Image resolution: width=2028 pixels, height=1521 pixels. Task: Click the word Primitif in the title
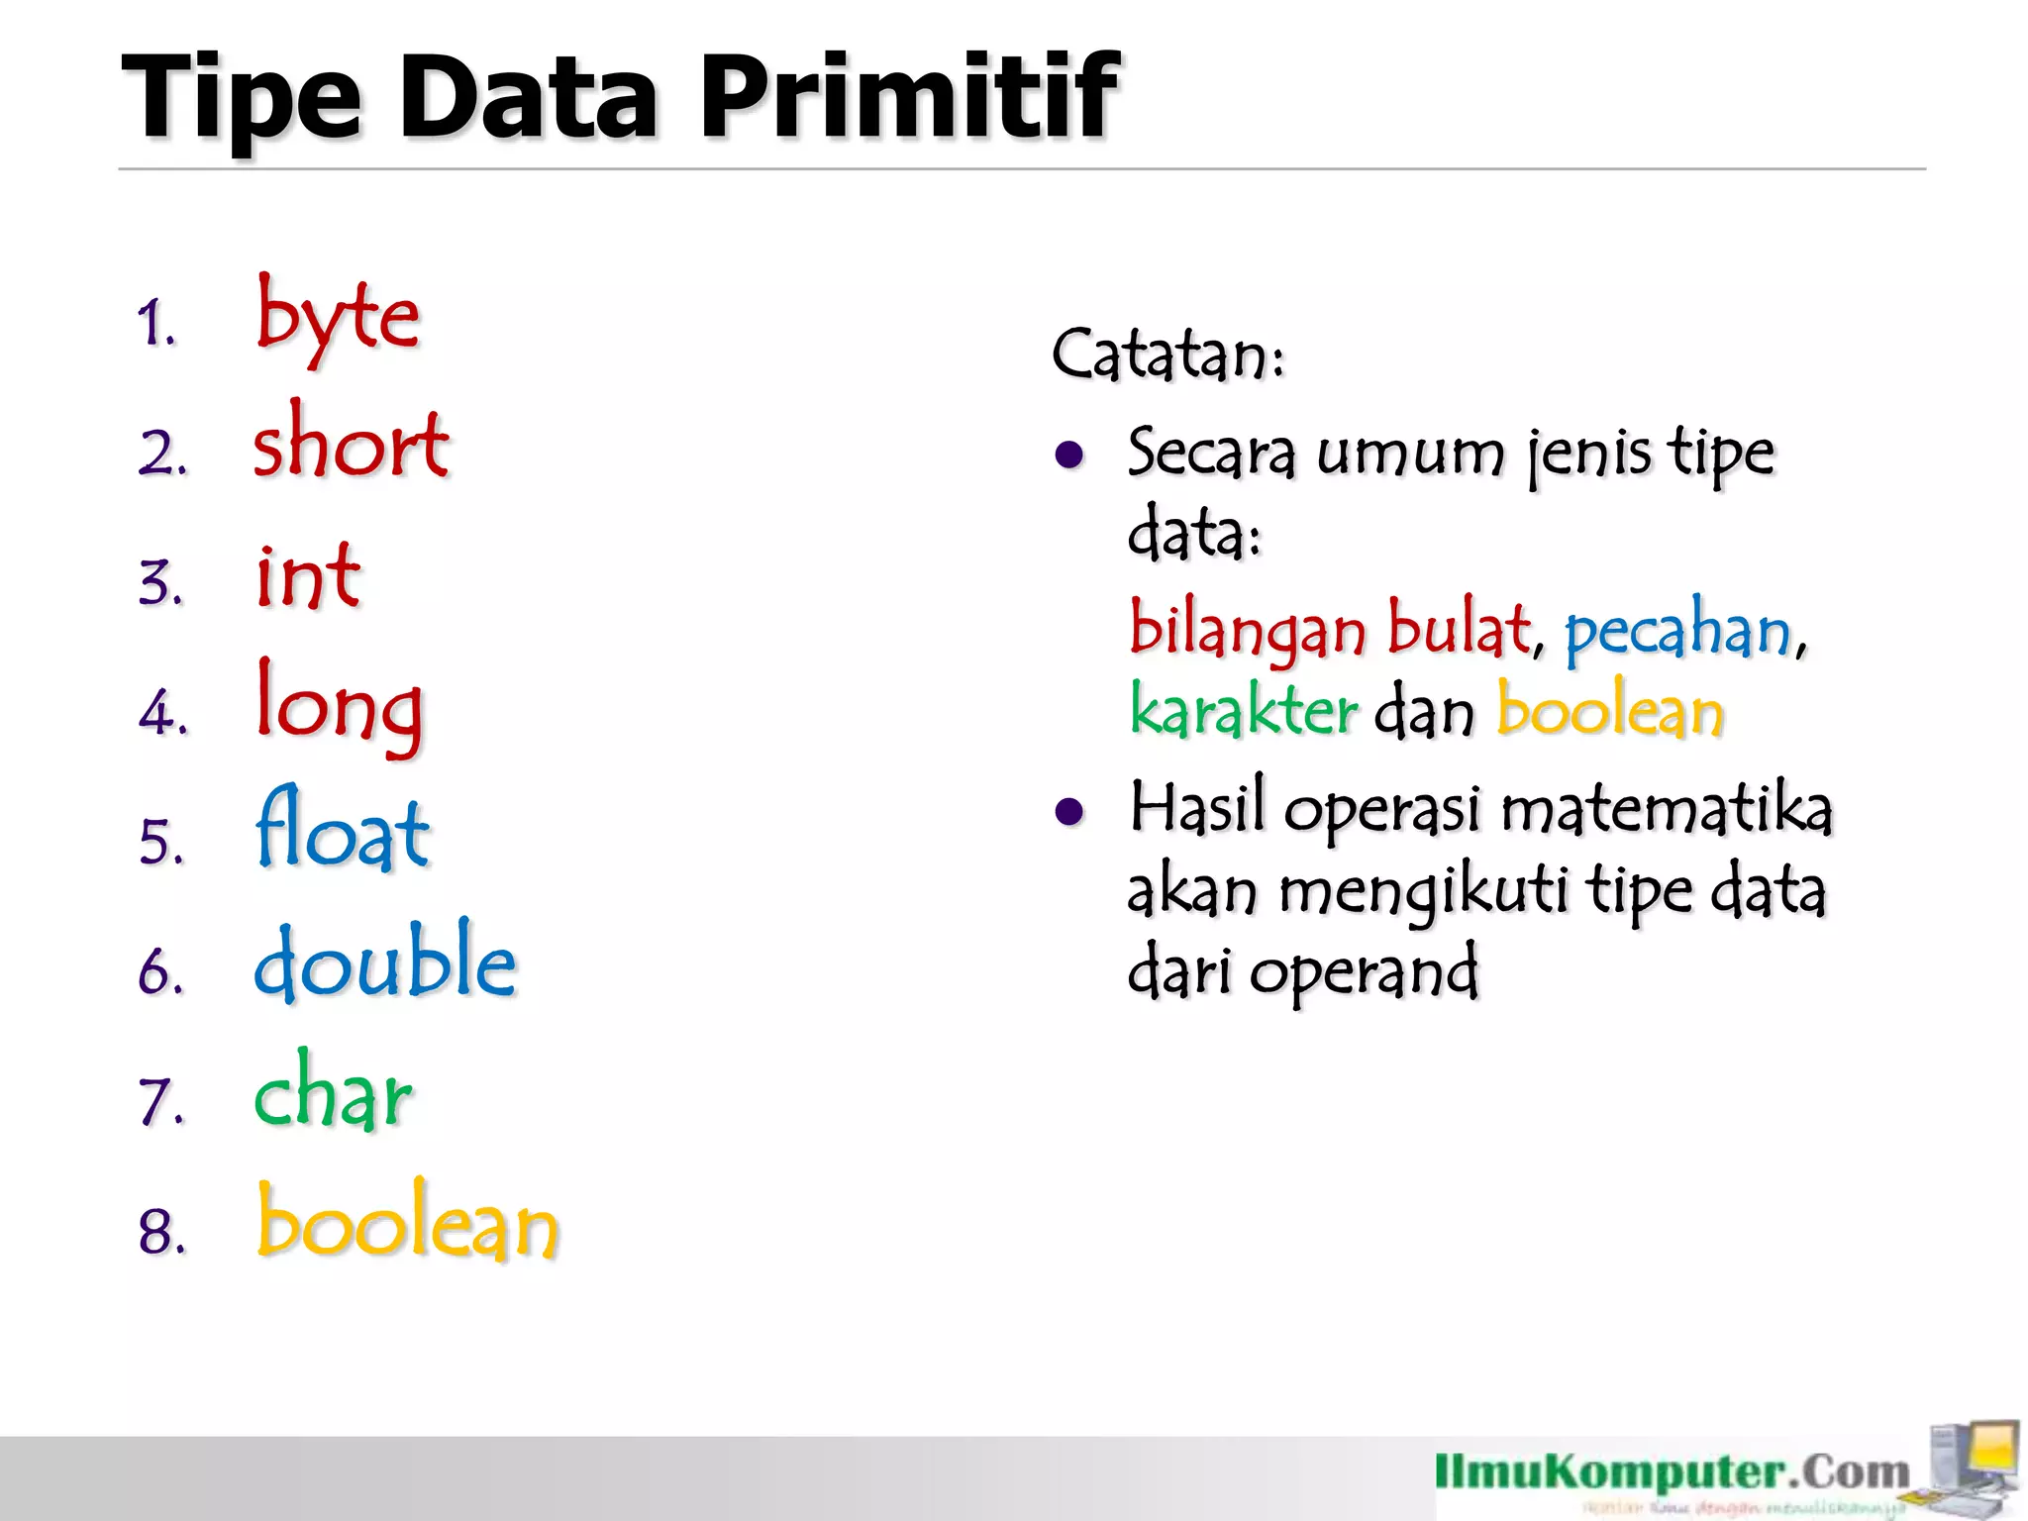click(909, 97)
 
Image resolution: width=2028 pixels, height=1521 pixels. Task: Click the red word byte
click(338, 318)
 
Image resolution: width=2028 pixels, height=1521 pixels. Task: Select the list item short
click(351, 444)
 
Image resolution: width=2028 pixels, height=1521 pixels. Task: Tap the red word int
click(308, 576)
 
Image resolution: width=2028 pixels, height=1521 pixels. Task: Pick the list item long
click(339, 705)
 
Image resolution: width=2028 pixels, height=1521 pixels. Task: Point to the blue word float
click(343, 832)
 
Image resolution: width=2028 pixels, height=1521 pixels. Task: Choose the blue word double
click(385, 963)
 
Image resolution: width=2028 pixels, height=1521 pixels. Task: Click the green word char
click(333, 1093)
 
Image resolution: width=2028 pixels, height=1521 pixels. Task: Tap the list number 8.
click(161, 1232)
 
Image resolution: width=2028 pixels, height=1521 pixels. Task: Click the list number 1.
click(156, 324)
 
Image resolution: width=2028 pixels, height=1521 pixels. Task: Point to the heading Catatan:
click(1168, 355)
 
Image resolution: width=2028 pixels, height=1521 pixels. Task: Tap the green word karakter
click(1244, 711)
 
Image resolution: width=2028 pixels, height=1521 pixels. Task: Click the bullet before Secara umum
click(1069, 456)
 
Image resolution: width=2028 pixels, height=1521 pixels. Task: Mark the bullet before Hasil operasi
click(1069, 812)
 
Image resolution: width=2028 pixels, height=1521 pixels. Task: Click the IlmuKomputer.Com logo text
click(1673, 1472)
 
